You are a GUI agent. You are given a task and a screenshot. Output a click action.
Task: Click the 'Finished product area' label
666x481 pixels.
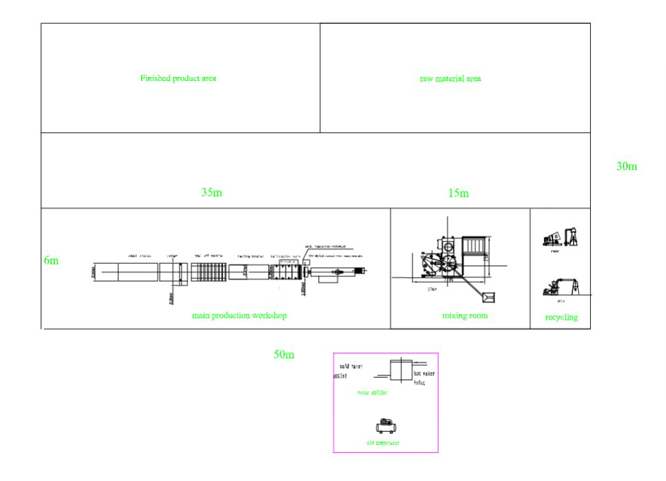[x=178, y=78]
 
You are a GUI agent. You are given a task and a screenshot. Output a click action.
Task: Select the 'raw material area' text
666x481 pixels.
[x=450, y=79]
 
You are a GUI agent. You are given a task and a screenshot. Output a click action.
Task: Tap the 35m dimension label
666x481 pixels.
[x=211, y=193]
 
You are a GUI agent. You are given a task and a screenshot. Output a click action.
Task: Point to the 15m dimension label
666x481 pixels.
[x=458, y=193]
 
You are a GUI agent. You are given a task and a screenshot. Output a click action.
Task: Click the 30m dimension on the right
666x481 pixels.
[x=626, y=166]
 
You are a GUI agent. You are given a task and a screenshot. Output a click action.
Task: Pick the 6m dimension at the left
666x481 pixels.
[x=51, y=261]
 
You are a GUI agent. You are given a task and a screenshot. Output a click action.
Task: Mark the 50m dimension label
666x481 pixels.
[x=284, y=355]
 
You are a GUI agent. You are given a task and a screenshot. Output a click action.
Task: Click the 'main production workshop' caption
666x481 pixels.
[x=239, y=316]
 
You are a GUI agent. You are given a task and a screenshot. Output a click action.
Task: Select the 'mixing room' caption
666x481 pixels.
[x=464, y=316]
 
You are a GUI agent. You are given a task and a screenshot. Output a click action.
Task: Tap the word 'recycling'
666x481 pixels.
[x=561, y=317]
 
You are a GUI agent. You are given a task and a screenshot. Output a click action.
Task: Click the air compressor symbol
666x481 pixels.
[x=386, y=426]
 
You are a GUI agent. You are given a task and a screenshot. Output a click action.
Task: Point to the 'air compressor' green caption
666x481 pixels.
[x=383, y=443]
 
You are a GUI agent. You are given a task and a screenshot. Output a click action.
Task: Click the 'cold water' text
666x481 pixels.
[x=350, y=367]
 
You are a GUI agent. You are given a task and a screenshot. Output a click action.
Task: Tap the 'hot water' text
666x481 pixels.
[x=424, y=374]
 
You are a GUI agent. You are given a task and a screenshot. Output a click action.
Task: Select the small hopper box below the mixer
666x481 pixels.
[x=488, y=298]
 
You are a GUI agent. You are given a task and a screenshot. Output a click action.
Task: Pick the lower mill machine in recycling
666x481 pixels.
[x=561, y=287]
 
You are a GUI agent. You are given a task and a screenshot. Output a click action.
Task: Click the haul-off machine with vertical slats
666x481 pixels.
[x=208, y=272]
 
